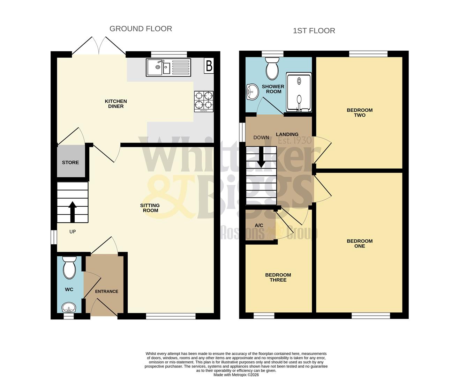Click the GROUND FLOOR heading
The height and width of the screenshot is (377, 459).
141,29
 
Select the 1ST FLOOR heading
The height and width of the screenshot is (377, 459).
314,31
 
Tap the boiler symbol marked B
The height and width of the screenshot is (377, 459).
209,66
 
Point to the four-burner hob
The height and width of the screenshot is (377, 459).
204,101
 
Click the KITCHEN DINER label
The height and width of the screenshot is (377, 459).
116,104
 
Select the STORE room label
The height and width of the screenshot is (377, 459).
70,162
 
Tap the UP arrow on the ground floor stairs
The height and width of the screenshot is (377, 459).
73,211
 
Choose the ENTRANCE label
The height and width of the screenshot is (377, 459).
107,291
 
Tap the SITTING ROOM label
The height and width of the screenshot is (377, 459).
150,208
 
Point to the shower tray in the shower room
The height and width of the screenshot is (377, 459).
299,93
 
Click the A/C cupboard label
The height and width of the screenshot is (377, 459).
259,226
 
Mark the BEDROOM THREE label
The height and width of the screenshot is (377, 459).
278,277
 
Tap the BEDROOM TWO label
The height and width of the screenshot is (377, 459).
360,112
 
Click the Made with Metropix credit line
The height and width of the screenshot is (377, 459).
236,375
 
